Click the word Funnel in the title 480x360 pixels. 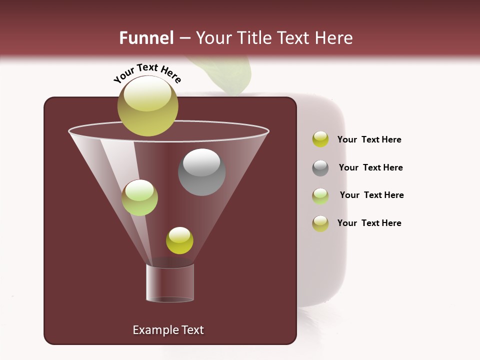146,38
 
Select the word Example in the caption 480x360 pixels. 151,330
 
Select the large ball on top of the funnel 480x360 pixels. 148,106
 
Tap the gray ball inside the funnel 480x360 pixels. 202,172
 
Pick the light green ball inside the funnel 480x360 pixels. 139,197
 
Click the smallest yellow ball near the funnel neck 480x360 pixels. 179,240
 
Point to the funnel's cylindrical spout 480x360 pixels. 170,282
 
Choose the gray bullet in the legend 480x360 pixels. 320,168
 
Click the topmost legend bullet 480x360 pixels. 320,139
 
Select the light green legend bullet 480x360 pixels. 320,195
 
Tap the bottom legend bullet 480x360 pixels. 320,223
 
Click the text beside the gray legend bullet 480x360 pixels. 370,167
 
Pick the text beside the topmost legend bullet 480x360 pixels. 369,139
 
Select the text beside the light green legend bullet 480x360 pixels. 371,195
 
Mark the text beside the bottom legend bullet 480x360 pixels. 369,223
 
